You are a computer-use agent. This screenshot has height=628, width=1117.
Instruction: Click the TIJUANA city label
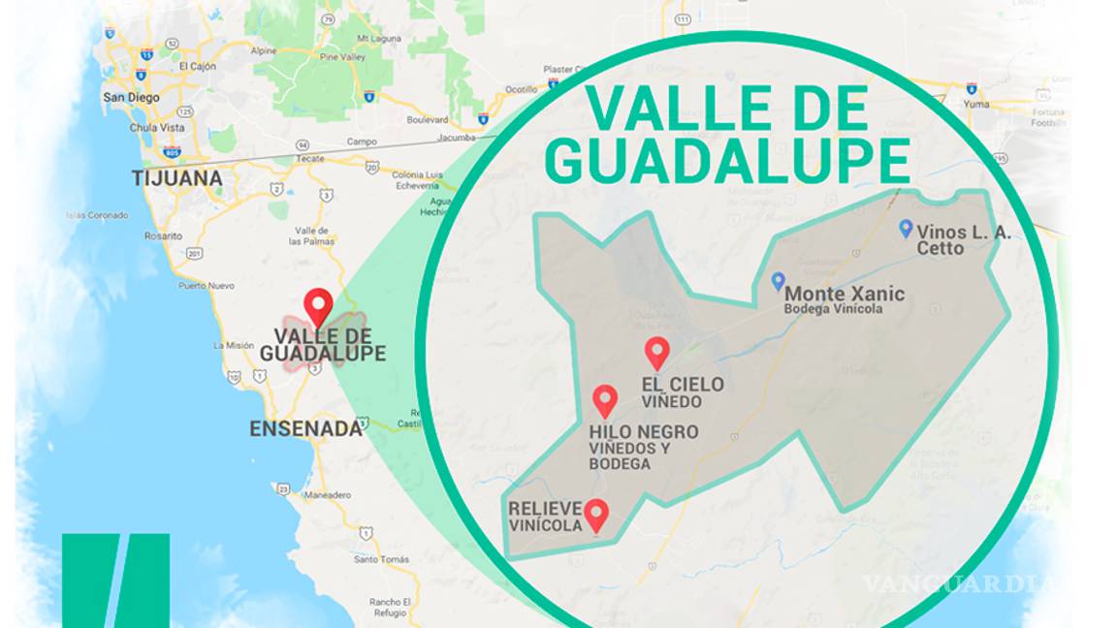[x=177, y=179]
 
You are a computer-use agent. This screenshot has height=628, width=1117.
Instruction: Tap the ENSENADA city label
[x=305, y=428]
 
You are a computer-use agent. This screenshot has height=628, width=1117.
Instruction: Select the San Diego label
[x=131, y=97]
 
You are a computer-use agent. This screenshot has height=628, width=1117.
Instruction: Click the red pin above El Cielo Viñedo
[x=657, y=353]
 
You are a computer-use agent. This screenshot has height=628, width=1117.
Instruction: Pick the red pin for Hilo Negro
[x=605, y=400]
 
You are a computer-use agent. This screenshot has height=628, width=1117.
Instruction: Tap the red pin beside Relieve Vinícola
[x=596, y=515]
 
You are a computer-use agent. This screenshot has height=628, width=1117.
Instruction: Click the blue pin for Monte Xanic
[x=778, y=281]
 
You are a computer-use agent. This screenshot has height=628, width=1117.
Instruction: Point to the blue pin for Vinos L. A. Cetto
[x=906, y=229]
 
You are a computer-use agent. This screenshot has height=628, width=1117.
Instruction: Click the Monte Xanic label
[x=844, y=294]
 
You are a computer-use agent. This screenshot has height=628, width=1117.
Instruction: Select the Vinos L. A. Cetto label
[x=963, y=240]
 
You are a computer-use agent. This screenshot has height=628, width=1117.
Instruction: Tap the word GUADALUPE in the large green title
[x=728, y=161]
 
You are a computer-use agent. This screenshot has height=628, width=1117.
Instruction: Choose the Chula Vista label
[x=156, y=127]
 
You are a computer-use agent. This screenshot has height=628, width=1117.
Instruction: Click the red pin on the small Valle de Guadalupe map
[x=317, y=307]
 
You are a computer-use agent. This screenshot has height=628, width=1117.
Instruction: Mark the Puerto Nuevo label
[x=206, y=286]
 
